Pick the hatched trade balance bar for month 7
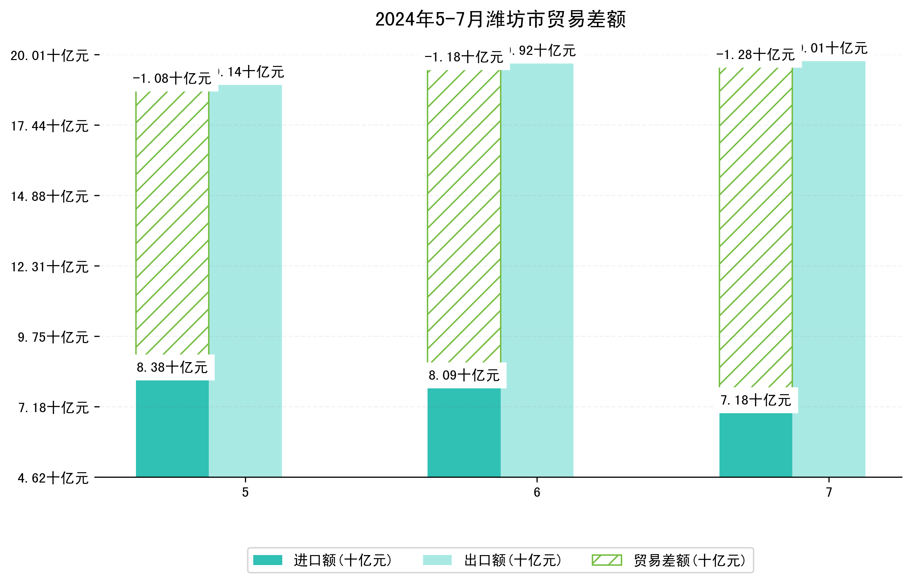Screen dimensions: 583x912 (756, 227)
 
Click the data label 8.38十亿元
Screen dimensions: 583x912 (172, 368)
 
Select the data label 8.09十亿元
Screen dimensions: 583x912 (464, 376)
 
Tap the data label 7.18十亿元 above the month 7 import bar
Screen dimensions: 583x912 (756, 400)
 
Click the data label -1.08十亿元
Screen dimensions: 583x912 (172, 78)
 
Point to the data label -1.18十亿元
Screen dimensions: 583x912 (464, 57)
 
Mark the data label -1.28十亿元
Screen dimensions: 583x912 (756, 55)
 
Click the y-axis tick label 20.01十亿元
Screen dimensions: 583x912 (50, 56)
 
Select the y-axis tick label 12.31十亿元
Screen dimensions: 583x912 (50, 267)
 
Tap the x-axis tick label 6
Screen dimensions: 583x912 (537, 492)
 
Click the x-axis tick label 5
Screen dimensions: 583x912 (245, 492)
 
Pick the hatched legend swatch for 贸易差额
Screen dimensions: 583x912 (607, 560)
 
